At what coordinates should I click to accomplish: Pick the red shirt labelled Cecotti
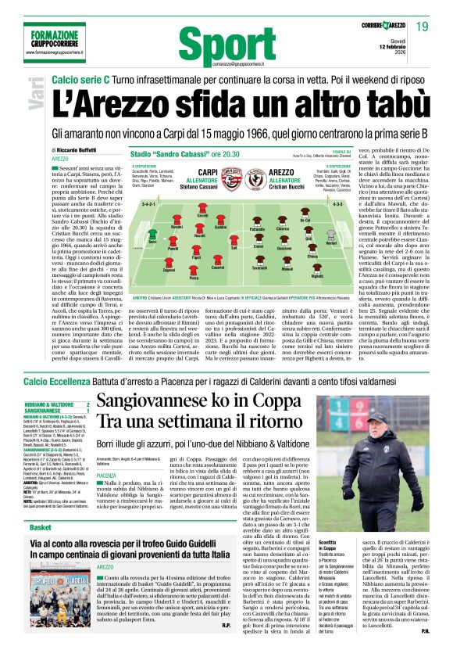point(202,209)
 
